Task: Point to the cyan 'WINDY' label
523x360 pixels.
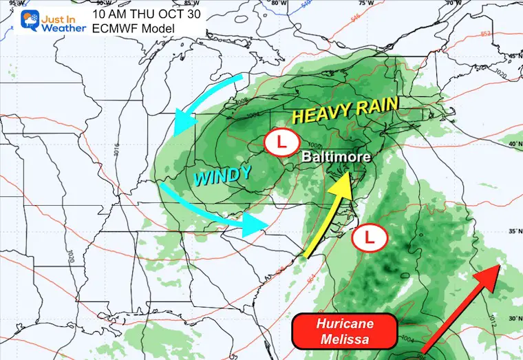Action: click(222, 176)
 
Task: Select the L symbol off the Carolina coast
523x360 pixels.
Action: click(369, 238)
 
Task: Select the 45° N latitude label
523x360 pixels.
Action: click(513, 56)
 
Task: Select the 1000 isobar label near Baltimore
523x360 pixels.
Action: click(315, 145)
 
